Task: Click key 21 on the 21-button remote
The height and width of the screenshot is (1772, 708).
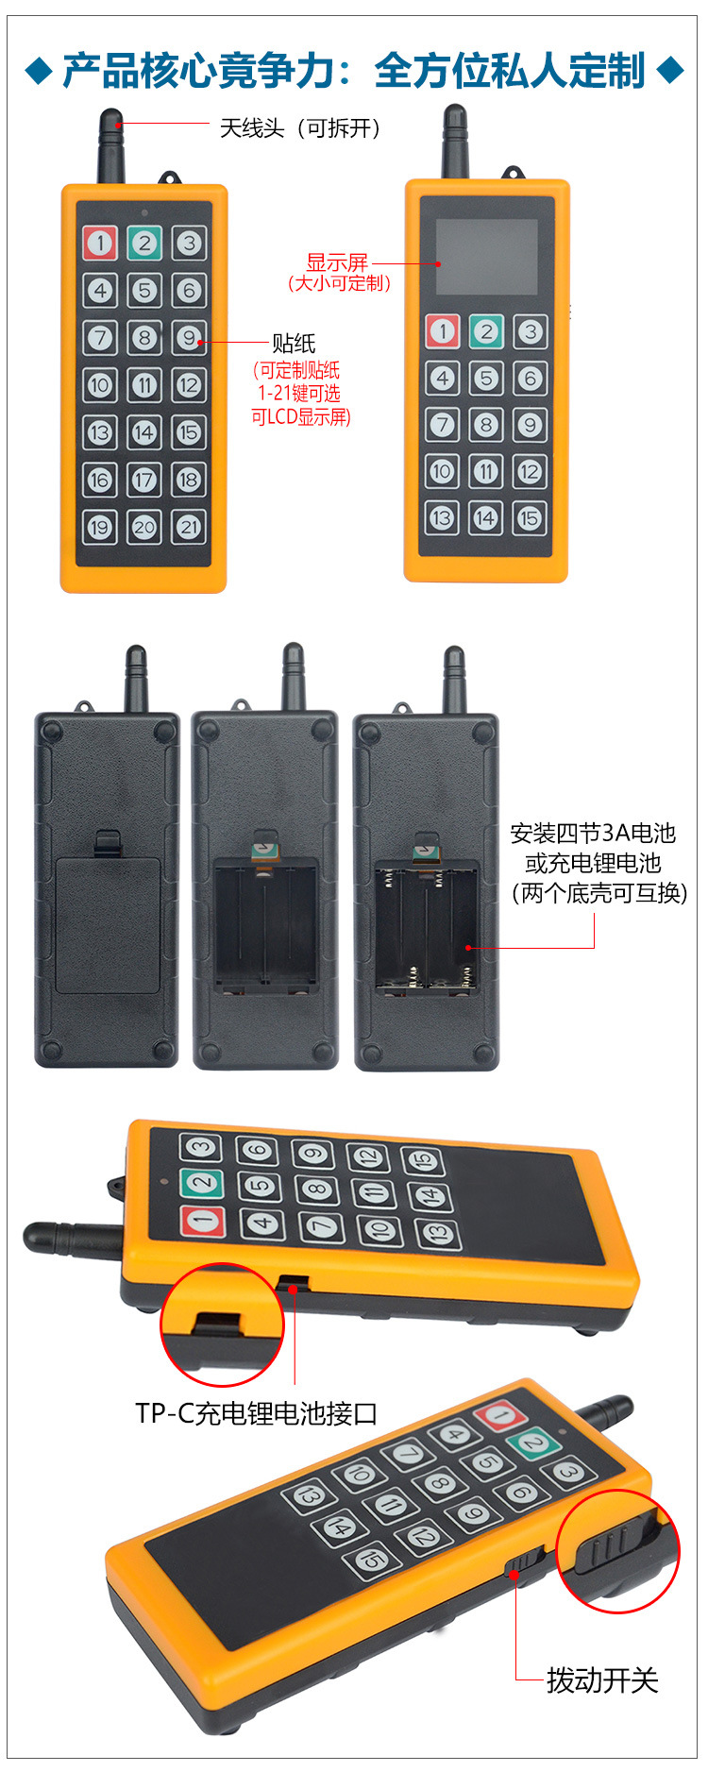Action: click(189, 527)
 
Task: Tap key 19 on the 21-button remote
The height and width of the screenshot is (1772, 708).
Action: click(99, 527)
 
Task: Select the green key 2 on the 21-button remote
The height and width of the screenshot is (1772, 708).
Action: click(144, 243)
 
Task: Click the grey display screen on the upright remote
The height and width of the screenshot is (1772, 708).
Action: click(486, 257)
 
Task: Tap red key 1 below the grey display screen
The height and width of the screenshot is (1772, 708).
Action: click(442, 331)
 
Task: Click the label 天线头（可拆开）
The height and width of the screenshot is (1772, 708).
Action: click(299, 128)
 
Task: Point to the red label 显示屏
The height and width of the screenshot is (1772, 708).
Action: click(337, 262)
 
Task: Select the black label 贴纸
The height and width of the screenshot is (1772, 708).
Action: click(294, 344)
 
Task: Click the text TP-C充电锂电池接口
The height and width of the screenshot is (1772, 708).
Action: click(256, 1413)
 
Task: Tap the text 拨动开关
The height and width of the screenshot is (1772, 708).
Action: click(602, 1680)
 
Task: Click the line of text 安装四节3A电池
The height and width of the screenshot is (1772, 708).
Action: click(593, 833)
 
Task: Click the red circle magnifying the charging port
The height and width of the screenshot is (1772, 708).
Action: click(222, 1324)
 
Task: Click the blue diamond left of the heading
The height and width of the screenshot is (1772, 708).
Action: click(39, 71)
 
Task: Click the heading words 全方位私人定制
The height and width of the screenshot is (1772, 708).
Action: click(509, 71)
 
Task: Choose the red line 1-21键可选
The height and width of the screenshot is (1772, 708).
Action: click(299, 394)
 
